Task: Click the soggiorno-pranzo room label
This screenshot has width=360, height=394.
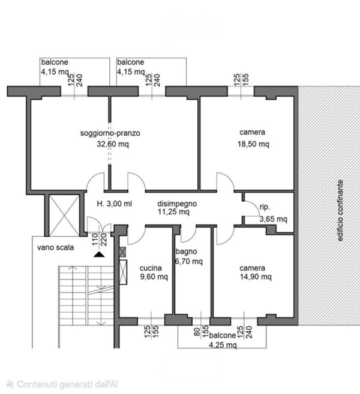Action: point(110,133)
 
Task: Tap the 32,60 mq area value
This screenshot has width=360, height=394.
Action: point(113,144)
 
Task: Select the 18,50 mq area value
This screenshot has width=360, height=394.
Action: point(253,144)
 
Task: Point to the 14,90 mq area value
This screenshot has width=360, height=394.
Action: point(256,277)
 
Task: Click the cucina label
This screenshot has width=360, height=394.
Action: point(151,268)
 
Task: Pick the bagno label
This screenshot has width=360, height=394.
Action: point(186,252)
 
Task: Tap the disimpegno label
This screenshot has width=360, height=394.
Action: point(177,204)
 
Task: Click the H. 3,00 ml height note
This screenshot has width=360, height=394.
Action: point(114,204)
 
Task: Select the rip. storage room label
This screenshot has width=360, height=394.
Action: point(265,207)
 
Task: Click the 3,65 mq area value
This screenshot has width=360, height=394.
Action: point(273,219)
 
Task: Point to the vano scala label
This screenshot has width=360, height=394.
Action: point(55,247)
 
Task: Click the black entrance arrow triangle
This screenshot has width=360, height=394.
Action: point(99,255)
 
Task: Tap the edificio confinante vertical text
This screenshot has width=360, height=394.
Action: point(340,211)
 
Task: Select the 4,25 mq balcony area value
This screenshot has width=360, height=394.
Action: point(223,345)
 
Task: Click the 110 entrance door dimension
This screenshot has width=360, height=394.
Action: point(95,240)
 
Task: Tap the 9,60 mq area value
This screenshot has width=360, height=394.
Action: point(154,277)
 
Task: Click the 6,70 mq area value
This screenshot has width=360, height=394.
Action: point(188,262)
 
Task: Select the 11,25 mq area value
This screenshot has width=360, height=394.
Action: point(173,212)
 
